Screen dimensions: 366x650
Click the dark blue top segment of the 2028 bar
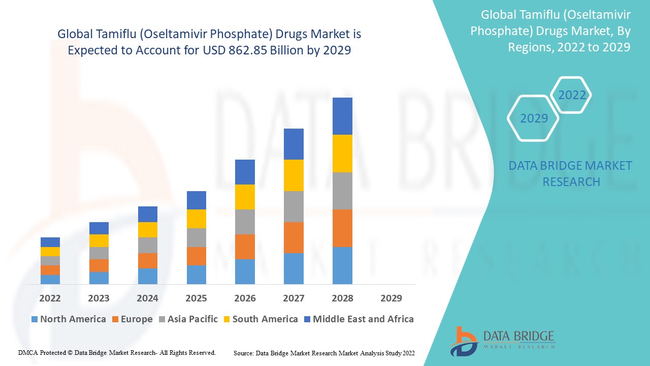(342, 116)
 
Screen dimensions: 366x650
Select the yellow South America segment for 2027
(294, 175)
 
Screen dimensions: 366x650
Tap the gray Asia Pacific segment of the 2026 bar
(245, 222)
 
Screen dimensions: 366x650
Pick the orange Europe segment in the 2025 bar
(197, 256)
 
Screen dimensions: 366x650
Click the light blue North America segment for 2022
(50, 279)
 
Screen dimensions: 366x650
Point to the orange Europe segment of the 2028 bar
(342, 228)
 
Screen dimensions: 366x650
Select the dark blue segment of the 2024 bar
(148, 214)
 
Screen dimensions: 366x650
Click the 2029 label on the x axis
(391, 298)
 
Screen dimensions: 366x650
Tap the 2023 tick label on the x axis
(99, 298)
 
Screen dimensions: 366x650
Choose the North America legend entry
(69, 319)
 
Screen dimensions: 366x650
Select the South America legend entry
(260, 319)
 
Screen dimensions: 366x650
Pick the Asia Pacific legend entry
(187, 319)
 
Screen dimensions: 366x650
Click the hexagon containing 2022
(572, 95)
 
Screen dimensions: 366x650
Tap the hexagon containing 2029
(534, 118)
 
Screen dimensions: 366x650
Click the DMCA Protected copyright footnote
(117, 352)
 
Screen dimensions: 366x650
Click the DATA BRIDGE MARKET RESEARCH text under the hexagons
(570, 173)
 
